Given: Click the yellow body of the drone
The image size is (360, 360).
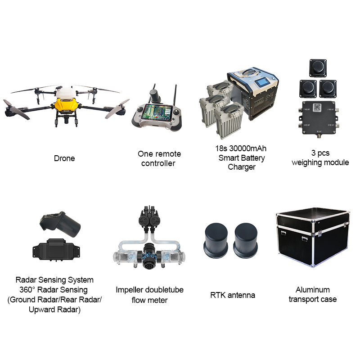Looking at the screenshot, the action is pos(66,106).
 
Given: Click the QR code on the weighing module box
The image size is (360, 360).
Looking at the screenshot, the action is pos(317,108).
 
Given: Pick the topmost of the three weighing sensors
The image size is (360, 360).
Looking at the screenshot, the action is pos(318,68).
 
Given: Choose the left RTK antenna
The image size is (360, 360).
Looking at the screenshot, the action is pos(216,240).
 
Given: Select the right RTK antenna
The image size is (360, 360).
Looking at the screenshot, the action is pos(246,240).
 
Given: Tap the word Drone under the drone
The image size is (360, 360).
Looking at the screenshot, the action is pos(64,158).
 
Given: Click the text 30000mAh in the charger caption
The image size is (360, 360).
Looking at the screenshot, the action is pos(248,148).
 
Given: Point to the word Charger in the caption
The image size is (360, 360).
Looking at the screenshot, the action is pos(242,167).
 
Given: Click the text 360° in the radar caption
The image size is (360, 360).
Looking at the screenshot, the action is pos(27,290).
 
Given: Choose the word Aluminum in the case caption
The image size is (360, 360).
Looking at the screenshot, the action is pos(312,290).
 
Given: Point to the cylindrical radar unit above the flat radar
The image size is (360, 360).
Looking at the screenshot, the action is pos(60,224).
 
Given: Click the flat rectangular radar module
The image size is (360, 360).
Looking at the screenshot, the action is pos(56,250).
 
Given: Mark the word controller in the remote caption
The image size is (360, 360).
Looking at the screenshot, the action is pos(158,163).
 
